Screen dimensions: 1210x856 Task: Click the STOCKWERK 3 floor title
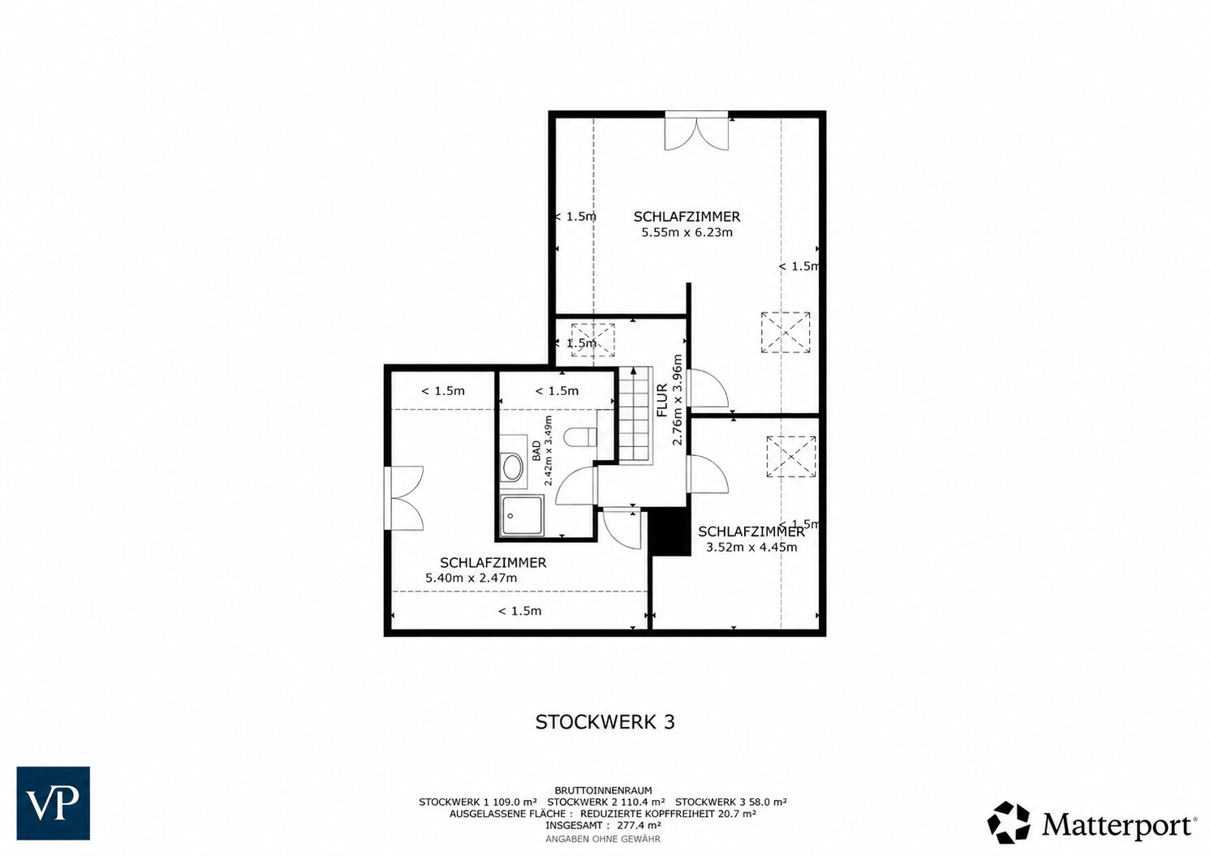click(605, 722)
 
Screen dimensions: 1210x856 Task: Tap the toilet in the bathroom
click(579, 437)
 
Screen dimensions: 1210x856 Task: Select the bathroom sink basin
click(511, 467)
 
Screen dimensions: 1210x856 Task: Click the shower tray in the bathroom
click(521, 515)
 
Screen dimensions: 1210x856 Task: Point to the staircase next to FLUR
click(635, 415)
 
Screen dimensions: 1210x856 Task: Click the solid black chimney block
click(670, 532)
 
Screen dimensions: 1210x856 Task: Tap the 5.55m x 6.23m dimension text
click(687, 233)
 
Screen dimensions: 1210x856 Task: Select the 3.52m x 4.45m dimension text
click(751, 547)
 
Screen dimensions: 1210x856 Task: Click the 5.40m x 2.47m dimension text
click(471, 578)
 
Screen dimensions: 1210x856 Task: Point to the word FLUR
click(662, 400)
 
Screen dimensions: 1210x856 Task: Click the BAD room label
click(536, 451)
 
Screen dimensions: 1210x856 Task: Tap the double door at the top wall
click(696, 131)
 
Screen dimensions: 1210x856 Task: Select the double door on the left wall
click(403, 498)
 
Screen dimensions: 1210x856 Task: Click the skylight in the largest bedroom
click(786, 332)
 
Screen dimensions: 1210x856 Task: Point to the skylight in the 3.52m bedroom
click(790, 456)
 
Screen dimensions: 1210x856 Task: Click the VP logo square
click(53, 803)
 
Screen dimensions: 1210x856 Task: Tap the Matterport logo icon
click(1008, 822)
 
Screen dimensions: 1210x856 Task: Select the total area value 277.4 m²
click(639, 825)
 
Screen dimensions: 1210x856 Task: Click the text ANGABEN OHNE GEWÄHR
click(603, 839)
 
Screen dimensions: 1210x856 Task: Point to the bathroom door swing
click(576, 485)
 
